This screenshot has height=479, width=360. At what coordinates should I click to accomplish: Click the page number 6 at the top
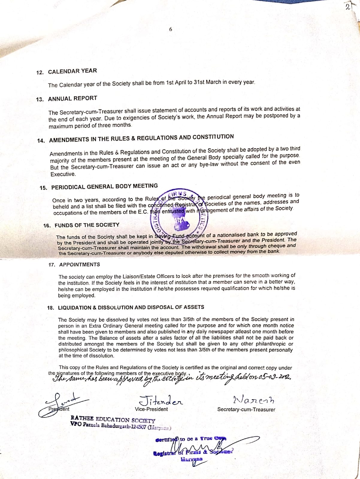coord(171,29)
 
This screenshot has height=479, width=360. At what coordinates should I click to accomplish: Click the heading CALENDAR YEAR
coord(72,71)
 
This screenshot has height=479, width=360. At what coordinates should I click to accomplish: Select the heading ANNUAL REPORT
coord(72,99)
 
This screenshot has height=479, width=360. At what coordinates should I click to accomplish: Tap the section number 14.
coord(41,141)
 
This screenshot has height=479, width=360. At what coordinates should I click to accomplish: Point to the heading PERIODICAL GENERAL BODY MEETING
coord(105,187)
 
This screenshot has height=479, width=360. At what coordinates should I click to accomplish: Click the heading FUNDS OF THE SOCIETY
coord(87,225)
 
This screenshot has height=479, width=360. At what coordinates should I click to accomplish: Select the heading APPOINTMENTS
coord(79,265)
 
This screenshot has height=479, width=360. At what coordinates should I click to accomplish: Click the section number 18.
coord(51,308)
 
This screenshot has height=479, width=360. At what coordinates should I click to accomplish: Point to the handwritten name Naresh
coord(253,400)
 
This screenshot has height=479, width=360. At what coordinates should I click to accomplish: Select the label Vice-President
coord(151,409)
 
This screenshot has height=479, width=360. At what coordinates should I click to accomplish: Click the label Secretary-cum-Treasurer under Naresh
coord(246,410)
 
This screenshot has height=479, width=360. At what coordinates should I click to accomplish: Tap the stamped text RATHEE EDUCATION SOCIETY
coord(113,419)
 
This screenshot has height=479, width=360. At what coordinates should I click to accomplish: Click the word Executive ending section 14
coord(63,174)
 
